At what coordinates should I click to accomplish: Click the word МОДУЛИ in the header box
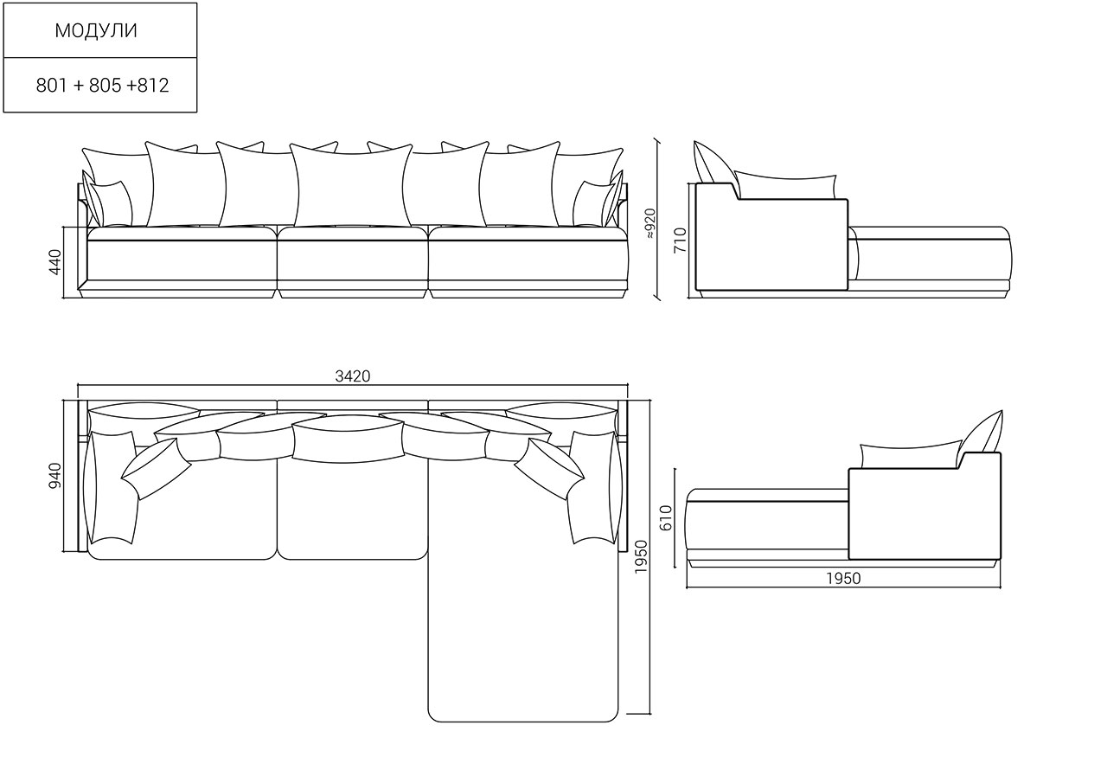96,30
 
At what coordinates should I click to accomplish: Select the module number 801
51,86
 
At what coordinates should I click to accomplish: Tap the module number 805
105,86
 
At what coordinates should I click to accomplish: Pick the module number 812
153,86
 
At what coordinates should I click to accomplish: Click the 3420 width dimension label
352,376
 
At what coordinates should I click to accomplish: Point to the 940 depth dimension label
54,476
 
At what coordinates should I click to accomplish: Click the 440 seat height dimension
54,262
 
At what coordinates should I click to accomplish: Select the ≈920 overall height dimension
651,223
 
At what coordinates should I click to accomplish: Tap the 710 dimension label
680,241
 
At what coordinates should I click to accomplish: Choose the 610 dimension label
666,517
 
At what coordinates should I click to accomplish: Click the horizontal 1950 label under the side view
843,578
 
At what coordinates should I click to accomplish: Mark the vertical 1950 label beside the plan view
641,556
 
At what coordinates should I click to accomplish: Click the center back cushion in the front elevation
352,185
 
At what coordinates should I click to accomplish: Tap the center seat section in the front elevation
352,262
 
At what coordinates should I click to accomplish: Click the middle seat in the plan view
352,509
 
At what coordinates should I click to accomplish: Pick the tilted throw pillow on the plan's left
157,469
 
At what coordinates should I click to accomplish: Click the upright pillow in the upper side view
715,164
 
